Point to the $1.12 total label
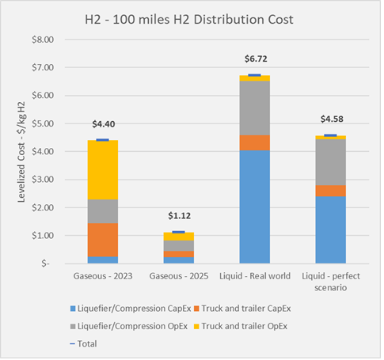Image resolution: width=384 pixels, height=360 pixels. pos(178,216)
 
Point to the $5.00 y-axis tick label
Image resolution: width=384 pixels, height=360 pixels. pos(44,123)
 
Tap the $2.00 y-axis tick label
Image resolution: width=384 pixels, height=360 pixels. pos(44,207)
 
